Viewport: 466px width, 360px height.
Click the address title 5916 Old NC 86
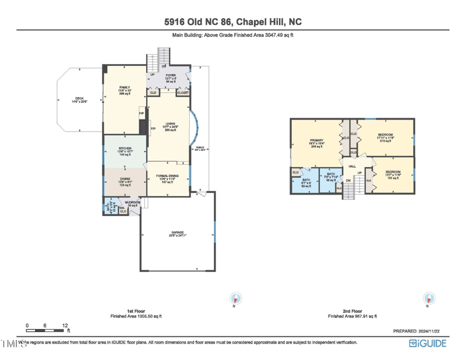coord(233,22)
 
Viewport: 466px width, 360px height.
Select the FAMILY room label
coord(125,87)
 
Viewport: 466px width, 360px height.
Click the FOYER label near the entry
coord(171,75)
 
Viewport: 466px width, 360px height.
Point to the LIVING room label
coord(170,123)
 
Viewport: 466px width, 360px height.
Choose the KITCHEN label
coord(125,149)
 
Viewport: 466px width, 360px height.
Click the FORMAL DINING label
coord(167,175)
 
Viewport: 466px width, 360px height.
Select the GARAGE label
coord(177,232)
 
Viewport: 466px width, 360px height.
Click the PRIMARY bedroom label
coord(317,140)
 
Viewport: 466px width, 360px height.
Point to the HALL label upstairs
coord(352,167)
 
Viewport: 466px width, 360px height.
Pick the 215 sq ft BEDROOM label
coord(385,135)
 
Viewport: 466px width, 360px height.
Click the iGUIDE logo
coord(428,343)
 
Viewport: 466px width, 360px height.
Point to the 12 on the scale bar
coord(65,325)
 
